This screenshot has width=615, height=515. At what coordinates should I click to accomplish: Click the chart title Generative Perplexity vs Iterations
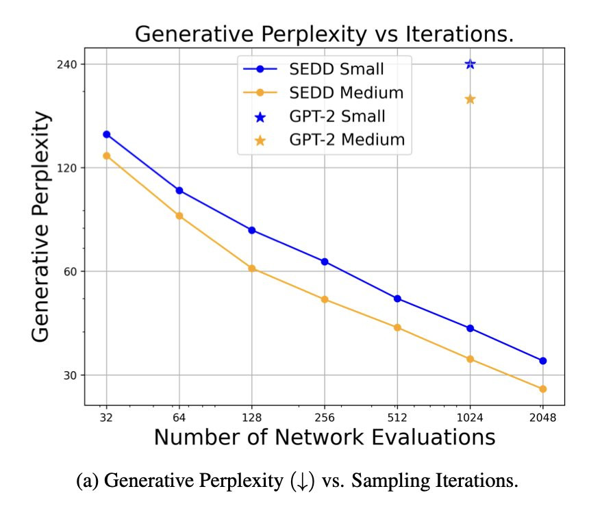[324, 34]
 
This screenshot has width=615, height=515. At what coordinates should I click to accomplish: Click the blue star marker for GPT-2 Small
[470, 64]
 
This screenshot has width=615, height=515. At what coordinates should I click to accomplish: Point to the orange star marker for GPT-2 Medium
[470, 99]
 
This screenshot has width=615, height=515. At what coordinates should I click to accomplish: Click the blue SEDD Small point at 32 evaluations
[107, 134]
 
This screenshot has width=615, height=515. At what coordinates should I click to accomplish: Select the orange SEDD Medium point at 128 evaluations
[252, 268]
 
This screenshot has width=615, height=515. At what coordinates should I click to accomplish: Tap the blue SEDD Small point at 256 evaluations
[325, 262]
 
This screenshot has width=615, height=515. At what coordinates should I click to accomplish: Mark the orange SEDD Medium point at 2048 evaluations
[542, 389]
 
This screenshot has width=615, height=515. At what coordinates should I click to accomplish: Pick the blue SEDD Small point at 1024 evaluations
[470, 328]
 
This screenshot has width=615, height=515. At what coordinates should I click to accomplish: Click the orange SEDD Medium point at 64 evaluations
[179, 216]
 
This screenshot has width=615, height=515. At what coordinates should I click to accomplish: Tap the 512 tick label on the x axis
[397, 418]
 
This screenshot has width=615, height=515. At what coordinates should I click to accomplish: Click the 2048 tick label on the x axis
[542, 418]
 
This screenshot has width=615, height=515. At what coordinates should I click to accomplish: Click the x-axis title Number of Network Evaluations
[324, 437]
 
